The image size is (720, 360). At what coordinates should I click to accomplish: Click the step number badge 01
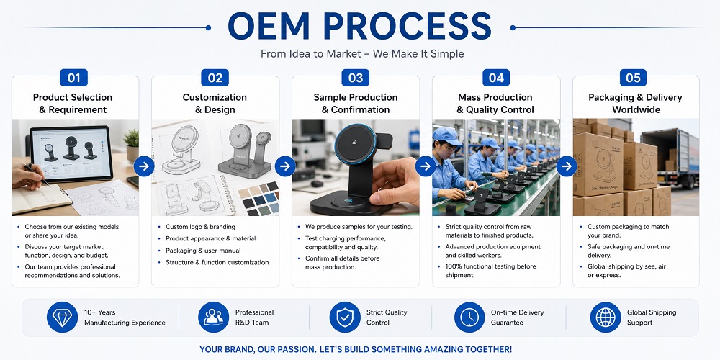tap(73, 78)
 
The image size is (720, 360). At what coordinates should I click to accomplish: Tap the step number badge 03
tap(356, 78)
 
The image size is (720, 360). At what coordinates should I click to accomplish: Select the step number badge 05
tap(633, 78)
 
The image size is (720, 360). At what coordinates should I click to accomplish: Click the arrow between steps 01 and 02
tap(144, 166)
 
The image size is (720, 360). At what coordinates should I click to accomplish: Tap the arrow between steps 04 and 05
tap(567, 166)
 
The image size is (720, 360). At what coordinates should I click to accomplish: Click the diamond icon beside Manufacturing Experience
tap(62, 318)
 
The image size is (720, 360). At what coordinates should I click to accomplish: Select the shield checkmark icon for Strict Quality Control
tap(345, 318)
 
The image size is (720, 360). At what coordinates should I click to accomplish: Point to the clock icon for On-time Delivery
tap(469, 318)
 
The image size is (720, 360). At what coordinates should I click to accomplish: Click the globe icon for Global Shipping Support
tap(606, 318)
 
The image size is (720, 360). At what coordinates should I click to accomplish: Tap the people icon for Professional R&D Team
tap(214, 318)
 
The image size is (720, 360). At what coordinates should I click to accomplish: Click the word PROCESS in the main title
tap(408, 26)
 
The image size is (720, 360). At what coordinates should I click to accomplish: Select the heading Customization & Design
tap(215, 103)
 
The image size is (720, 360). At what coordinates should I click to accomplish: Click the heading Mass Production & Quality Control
tap(495, 103)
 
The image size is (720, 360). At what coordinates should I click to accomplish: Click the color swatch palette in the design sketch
tap(258, 199)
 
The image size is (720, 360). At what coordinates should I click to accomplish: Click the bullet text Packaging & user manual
tap(203, 251)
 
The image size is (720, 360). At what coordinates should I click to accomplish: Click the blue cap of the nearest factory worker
tap(447, 136)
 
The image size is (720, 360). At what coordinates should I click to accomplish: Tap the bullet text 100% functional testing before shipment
tap(490, 271)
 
